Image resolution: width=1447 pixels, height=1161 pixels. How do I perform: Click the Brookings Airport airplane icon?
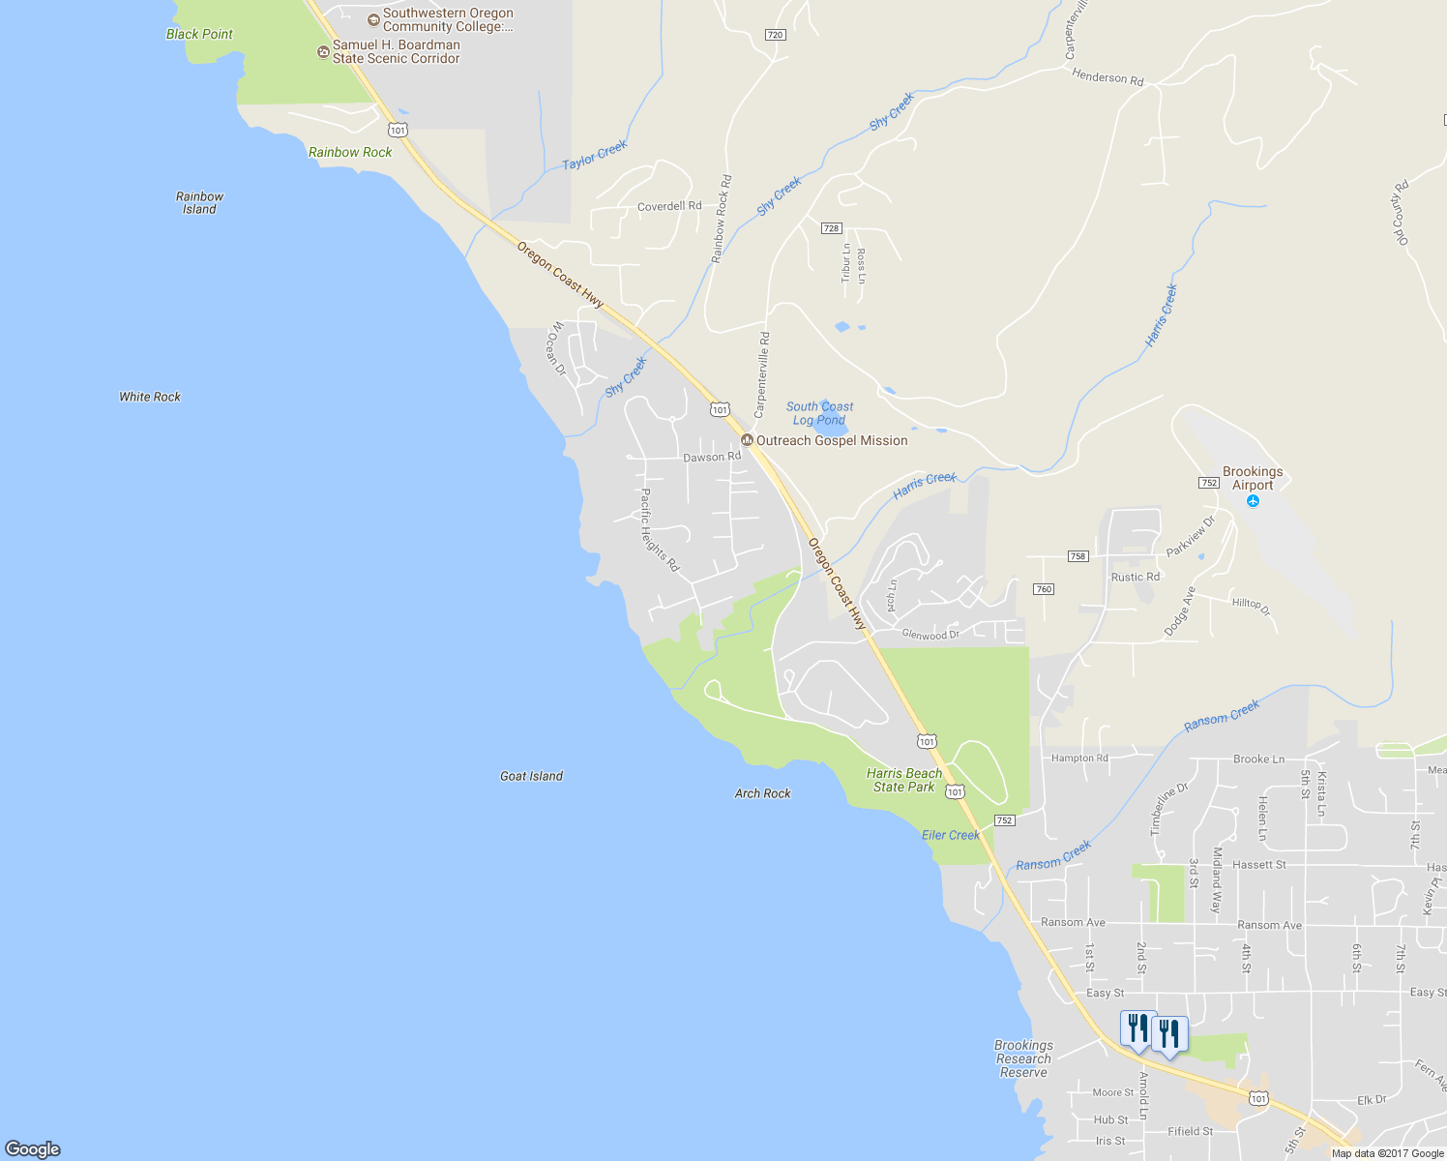tap(1254, 501)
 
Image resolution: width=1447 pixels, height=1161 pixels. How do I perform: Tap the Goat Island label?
tap(531, 776)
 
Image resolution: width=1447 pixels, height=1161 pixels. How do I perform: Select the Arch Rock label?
tap(762, 793)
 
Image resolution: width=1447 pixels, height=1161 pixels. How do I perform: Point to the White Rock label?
tap(150, 397)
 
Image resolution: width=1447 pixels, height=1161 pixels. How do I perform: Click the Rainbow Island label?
tap(199, 202)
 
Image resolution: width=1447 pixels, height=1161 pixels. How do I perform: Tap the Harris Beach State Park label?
tap(903, 780)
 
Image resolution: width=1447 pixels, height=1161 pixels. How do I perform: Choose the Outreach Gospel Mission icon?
tap(747, 440)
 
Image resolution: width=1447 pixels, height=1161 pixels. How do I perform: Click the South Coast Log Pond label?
tap(819, 413)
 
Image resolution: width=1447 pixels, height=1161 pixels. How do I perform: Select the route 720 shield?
tap(775, 35)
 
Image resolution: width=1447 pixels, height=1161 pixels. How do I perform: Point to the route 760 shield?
tap(1043, 589)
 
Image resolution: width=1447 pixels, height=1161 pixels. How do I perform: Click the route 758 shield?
tap(1078, 556)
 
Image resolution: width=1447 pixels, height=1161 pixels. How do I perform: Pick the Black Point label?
tap(199, 34)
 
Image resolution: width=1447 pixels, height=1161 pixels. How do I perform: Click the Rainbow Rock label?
tap(350, 152)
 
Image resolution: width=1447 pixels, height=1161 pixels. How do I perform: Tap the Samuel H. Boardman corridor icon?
tap(323, 51)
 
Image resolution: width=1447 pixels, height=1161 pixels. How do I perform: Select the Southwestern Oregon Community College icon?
tap(373, 19)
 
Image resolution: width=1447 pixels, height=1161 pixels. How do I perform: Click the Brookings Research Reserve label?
tap(1023, 1058)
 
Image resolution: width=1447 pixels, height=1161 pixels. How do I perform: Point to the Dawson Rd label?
tap(712, 457)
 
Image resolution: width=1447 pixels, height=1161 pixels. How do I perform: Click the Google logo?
tap(33, 1148)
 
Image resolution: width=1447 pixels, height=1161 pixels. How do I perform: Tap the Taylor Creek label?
tap(595, 155)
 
